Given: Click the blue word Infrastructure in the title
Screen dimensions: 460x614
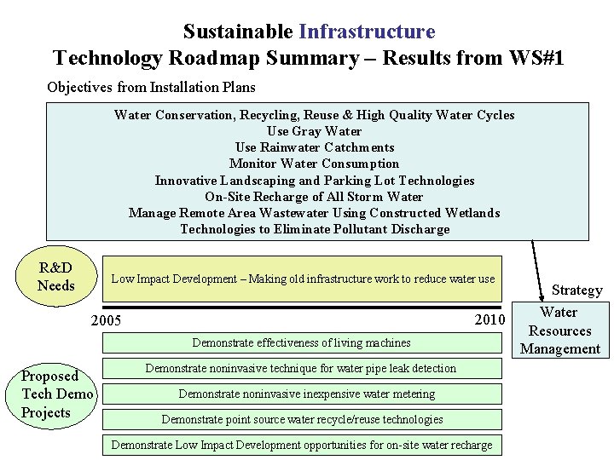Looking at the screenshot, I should pyautogui.click(x=367, y=32).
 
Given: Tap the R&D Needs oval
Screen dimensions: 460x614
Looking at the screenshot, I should pyautogui.click(x=56, y=277).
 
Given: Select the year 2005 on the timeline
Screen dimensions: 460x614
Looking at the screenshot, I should pyautogui.click(x=106, y=321).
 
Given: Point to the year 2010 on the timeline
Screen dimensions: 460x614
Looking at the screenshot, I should pyautogui.click(x=489, y=320).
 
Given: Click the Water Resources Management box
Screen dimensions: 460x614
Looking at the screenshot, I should pyautogui.click(x=559, y=331).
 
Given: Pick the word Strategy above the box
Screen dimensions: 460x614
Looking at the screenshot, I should pyautogui.click(x=576, y=290).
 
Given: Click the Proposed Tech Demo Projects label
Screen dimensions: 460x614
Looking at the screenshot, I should pyautogui.click(x=57, y=394).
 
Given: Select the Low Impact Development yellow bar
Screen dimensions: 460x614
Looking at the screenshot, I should pyautogui.click(x=302, y=279).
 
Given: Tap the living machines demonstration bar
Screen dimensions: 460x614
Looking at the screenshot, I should pyautogui.click(x=301, y=343).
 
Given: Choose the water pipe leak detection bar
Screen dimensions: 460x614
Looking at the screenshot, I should pyautogui.click(x=301, y=369).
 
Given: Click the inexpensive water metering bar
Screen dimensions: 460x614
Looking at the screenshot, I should pyautogui.click(x=301, y=394).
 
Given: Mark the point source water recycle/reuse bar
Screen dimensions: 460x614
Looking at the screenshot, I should pyautogui.click(x=301, y=419).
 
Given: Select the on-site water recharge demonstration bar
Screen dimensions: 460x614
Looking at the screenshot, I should pyautogui.click(x=301, y=445).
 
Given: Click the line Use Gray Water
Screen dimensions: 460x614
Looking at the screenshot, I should pyautogui.click(x=314, y=131).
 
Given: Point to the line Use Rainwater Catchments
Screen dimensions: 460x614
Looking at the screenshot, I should pyautogui.click(x=314, y=147).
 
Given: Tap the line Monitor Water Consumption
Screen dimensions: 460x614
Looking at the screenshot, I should pyautogui.click(x=314, y=164).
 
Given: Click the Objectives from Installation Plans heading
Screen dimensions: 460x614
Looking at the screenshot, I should pyautogui.click(x=151, y=87).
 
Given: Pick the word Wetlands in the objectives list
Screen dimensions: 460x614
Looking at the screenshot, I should pyautogui.click(x=474, y=213).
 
